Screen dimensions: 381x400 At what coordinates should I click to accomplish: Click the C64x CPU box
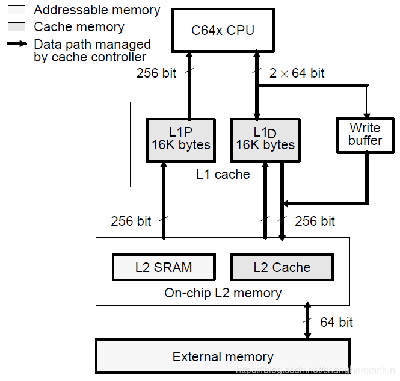(x=223, y=29)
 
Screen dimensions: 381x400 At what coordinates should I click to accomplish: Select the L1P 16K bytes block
(x=181, y=139)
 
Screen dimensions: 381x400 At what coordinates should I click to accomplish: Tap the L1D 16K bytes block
(x=265, y=139)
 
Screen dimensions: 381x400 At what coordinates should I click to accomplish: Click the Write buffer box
(x=365, y=134)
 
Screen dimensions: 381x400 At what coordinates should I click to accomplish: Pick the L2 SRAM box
(x=163, y=267)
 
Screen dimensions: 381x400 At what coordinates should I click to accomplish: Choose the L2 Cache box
(x=282, y=267)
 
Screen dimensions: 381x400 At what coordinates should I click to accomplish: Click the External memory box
(x=223, y=356)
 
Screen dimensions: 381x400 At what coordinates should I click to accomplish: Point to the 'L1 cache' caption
(x=223, y=175)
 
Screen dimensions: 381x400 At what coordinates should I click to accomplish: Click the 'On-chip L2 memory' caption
(x=223, y=293)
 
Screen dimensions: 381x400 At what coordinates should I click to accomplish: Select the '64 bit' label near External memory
(x=336, y=323)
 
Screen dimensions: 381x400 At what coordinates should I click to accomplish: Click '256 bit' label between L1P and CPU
(x=156, y=73)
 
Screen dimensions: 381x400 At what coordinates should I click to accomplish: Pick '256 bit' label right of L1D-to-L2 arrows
(x=315, y=221)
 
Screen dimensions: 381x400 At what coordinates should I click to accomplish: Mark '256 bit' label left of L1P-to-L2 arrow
(x=131, y=221)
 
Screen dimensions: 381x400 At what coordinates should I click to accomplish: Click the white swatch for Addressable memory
(x=16, y=10)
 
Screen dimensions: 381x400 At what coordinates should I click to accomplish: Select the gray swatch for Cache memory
(x=16, y=27)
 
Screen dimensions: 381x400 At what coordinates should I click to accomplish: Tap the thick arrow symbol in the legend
(x=17, y=44)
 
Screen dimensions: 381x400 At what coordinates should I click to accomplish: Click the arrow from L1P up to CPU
(x=189, y=84)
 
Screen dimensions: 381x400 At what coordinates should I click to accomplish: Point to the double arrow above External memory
(x=307, y=321)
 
